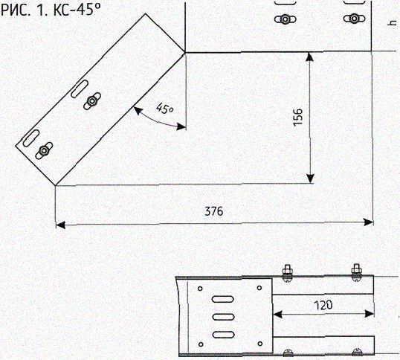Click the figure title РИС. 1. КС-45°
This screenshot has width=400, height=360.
(51, 10)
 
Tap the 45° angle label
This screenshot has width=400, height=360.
(164, 108)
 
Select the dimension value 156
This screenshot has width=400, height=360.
(297, 118)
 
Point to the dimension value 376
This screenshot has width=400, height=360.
(214, 211)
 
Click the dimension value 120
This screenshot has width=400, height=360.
(323, 305)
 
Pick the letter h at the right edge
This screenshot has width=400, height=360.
(392, 23)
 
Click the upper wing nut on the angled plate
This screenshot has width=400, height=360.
(92, 101)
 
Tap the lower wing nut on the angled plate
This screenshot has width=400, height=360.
(44, 151)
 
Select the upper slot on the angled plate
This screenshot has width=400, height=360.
(80, 89)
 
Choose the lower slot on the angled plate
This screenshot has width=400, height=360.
(31, 138)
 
